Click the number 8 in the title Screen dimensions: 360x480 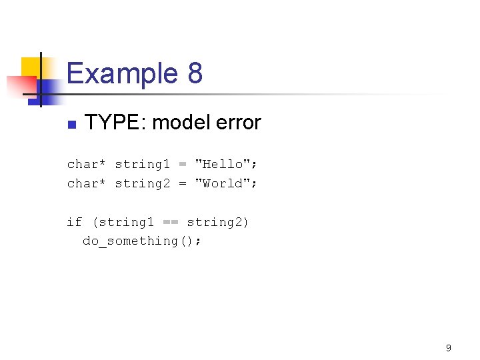click(195, 73)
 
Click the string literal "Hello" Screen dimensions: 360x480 click(222, 164)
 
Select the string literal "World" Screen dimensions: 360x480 click(222, 183)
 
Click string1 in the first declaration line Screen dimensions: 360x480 click(142, 164)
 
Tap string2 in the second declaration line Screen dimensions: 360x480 click(142, 183)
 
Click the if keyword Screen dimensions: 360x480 click(74, 222)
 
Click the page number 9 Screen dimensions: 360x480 click(449, 347)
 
